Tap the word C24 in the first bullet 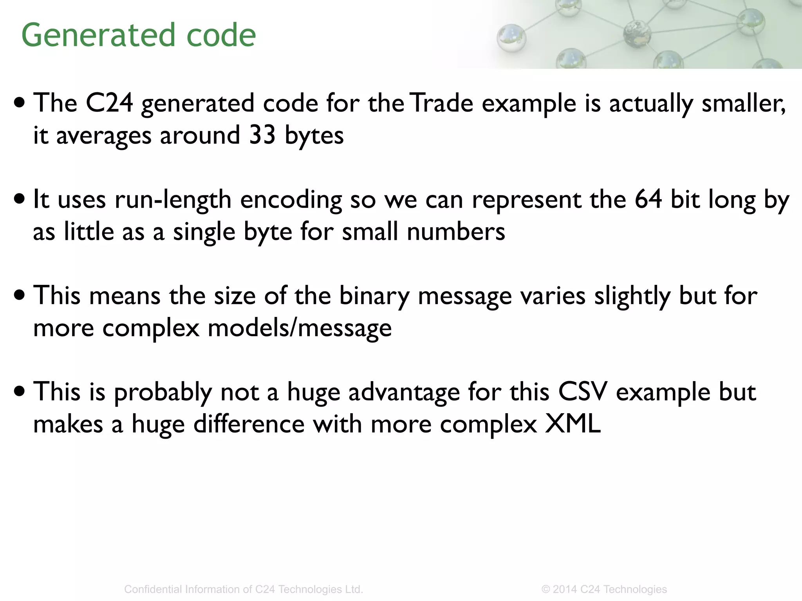click(109, 103)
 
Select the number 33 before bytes click(262, 135)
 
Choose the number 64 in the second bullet click(648, 199)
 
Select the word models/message click(300, 328)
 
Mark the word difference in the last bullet click(249, 424)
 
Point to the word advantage click(404, 392)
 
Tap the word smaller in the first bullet click(743, 103)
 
